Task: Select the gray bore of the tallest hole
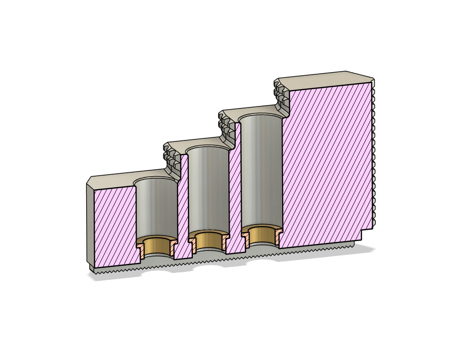[x=262, y=169]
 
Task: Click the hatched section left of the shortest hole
[x=114, y=224]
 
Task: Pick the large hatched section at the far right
[x=326, y=164]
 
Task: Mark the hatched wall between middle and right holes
[x=235, y=189]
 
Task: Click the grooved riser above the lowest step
[x=172, y=159]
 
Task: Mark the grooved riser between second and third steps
[x=226, y=127]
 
